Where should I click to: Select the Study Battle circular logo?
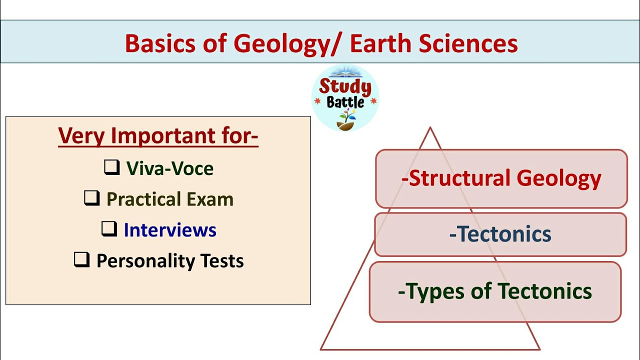click(x=345, y=98)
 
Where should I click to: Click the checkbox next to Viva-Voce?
click(x=111, y=167)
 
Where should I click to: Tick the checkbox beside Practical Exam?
click(x=91, y=198)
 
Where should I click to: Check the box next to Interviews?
click(x=109, y=229)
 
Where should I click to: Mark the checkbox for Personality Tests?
click(x=81, y=259)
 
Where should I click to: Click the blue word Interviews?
click(x=170, y=230)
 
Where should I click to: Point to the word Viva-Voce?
click(x=170, y=168)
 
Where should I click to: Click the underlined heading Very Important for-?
click(x=158, y=136)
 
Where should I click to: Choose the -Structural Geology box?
click(x=501, y=178)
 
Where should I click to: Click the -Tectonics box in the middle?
click(x=500, y=234)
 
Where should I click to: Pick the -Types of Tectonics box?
click(x=495, y=291)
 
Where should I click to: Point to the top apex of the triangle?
click(x=430, y=128)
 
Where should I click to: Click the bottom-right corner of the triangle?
click(x=539, y=349)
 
